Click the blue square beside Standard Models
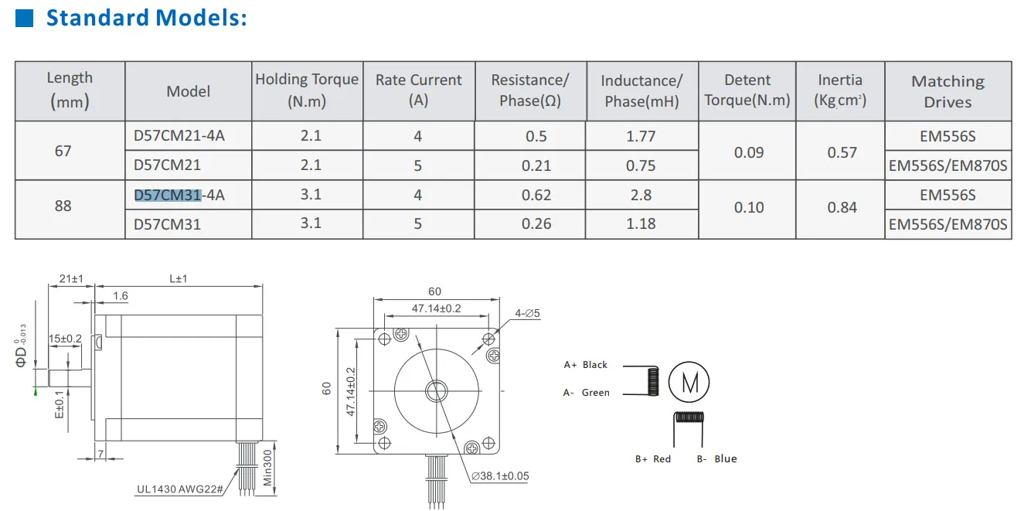(24, 18)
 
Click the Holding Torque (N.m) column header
(307, 90)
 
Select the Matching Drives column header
(948, 91)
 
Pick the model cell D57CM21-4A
(179, 136)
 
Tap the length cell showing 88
(63, 206)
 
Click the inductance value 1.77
(641, 136)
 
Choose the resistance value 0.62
(536, 195)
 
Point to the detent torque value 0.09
(749, 152)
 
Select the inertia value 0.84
(842, 208)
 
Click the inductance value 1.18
(641, 223)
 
